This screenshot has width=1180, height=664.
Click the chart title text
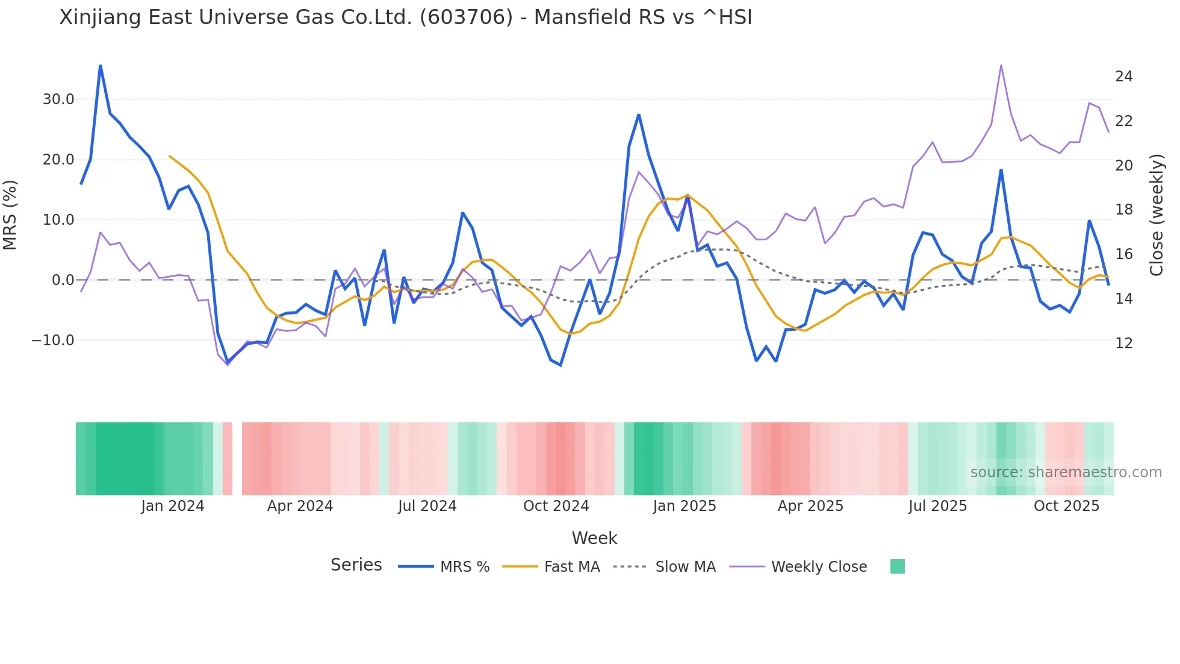405,17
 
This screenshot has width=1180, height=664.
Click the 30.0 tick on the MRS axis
58,99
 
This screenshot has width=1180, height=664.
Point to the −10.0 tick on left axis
53,340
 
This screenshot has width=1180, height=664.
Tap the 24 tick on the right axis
1123,77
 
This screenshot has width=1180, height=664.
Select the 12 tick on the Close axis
1123,343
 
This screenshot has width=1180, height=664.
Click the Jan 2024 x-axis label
172,506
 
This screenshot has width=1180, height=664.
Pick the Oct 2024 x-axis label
556,506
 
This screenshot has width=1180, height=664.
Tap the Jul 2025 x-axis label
937,506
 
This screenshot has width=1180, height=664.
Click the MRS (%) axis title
10,215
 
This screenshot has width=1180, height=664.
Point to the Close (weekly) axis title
1157,215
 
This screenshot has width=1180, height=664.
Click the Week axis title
594,538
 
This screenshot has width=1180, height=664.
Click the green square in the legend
897,566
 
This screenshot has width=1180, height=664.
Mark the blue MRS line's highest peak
101,65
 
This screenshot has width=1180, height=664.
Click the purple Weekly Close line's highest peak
1001,65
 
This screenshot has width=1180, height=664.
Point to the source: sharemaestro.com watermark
1066,472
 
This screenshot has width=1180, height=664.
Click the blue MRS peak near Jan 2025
639,114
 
